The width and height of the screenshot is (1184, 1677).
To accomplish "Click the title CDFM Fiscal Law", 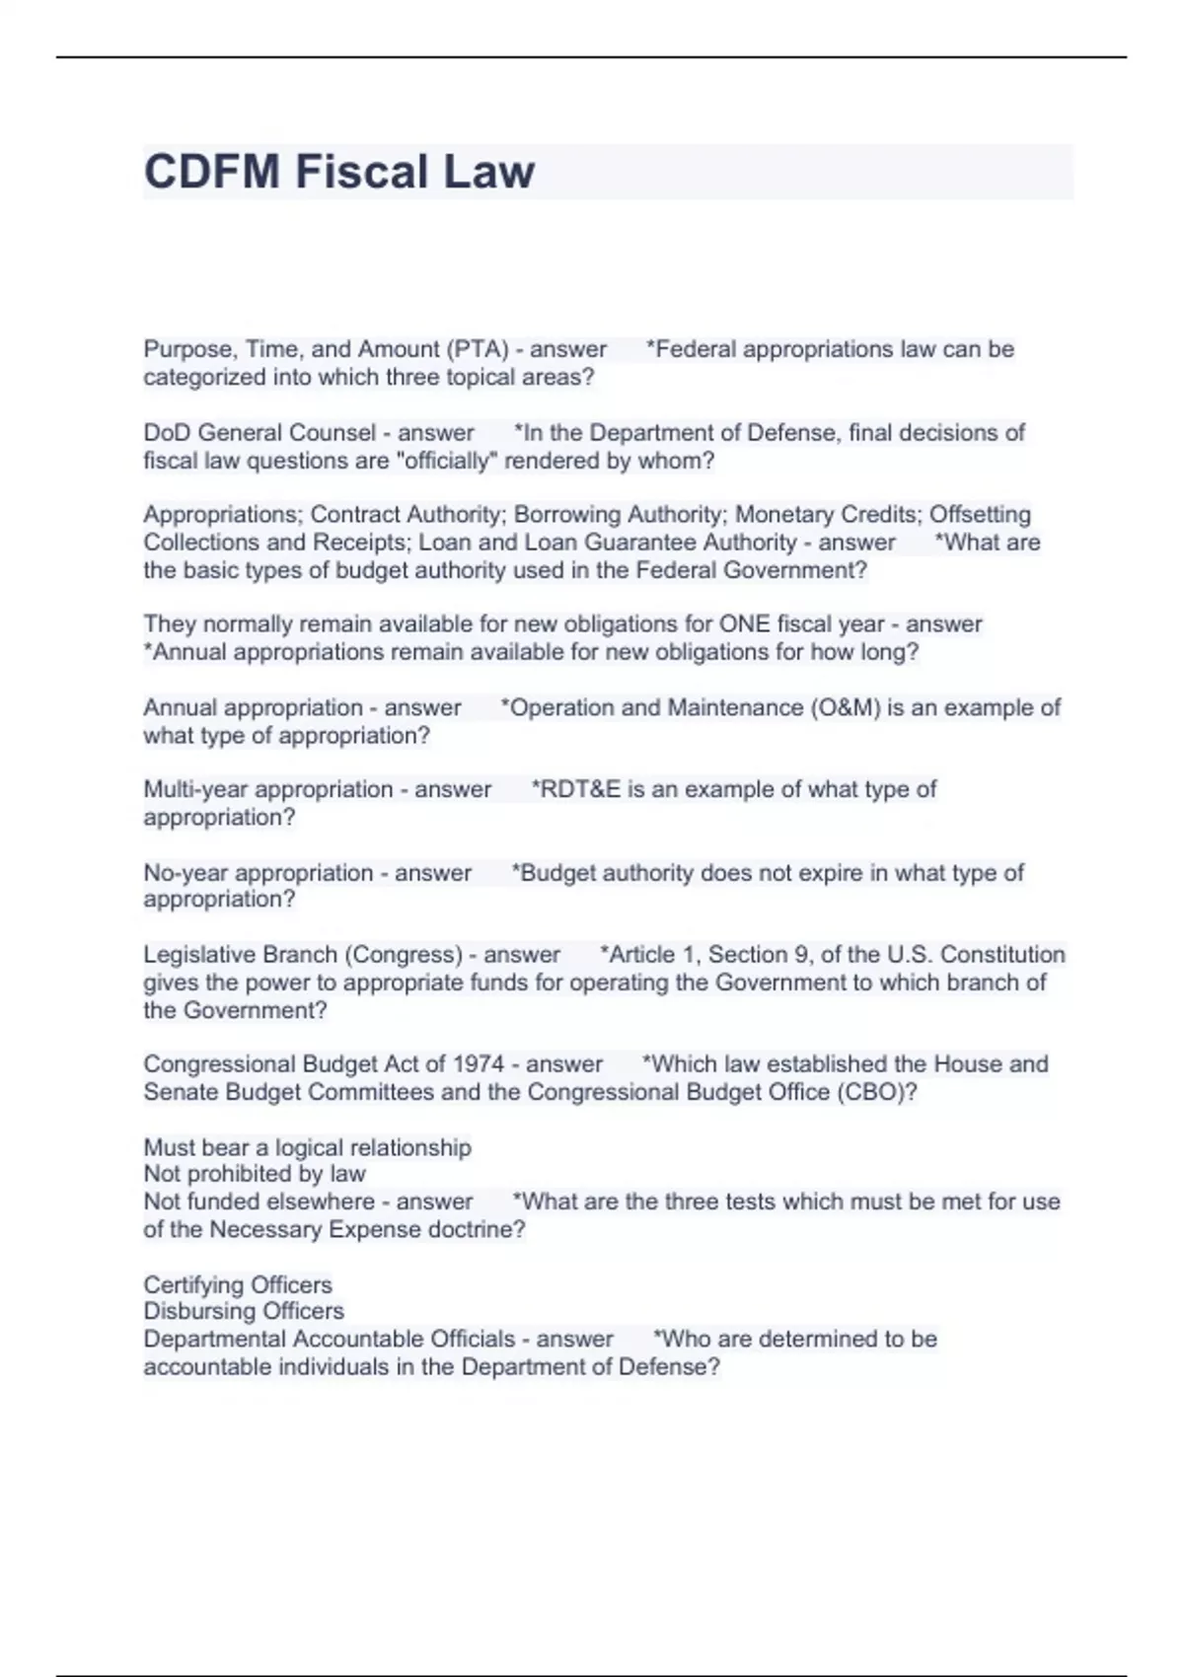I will (x=339, y=172).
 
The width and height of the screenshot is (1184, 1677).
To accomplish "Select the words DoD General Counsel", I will (x=259, y=433).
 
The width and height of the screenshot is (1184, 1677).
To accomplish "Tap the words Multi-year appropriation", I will (x=268, y=789).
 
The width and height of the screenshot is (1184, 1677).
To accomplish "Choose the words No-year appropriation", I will (x=259, y=873).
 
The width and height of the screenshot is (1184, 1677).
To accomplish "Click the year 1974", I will (x=479, y=1064).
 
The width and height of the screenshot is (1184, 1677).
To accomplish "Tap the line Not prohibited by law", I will (x=255, y=1174).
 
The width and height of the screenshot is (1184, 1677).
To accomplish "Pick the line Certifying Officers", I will (x=238, y=1285).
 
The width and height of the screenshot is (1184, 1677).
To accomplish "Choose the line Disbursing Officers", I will (x=244, y=1311).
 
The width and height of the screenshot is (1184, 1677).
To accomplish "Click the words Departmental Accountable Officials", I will (x=330, y=1339).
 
